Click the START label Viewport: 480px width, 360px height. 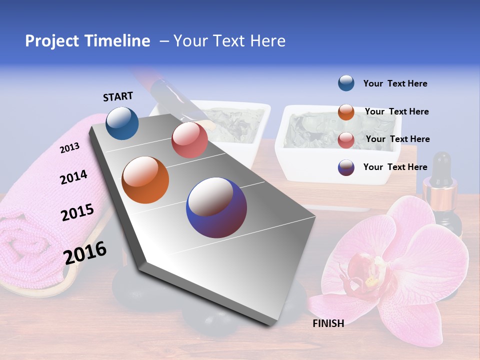tap(118, 96)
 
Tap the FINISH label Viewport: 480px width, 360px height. tap(328, 323)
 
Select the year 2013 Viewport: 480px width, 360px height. tap(69, 148)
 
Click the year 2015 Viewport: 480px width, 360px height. tap(77, 212)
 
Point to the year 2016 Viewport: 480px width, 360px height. tap(85, 252)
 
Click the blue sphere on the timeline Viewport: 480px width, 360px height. tap(122, 123)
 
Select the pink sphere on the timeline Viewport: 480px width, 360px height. tap(189, 140)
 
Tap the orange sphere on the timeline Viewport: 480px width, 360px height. tap(145, 180)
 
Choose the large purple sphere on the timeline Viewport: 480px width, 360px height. tap(216, 207)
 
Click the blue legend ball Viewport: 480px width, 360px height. tap(346, 83)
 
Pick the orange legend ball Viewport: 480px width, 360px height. tap(346, 112)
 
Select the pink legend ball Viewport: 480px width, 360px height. tap(346, 140)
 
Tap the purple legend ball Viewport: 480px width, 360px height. tap(346, 167)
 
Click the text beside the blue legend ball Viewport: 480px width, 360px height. tap(395, 83)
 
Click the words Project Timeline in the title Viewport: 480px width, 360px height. tap(87, 41)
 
